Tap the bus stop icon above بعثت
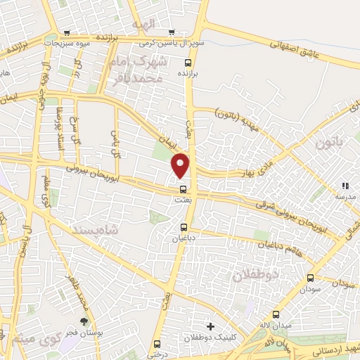click(184, 189)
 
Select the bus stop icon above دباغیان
click(184, 227)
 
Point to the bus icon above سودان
click(311, 278)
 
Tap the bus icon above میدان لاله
click(275, 314)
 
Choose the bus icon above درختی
click(156, 344)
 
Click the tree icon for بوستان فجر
click(84, 322)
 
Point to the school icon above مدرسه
click(345, 186)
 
